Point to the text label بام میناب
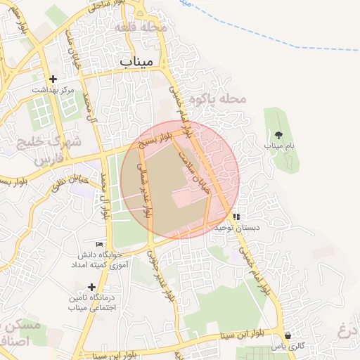pyautogui.click(x=278, y=145)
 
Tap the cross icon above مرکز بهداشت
pyautogui.click(x=53, y=79)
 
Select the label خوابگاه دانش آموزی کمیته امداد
pyautogui.click(x=98, y=260)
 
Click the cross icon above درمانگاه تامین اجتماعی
pyautogui.click(x=91, y=287)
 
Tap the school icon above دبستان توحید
pyautogui.click(x=237, y=217)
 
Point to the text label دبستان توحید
pyautogui.click(x=237, y=228)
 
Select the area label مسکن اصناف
pyautogui.click(x=21, y=335)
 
